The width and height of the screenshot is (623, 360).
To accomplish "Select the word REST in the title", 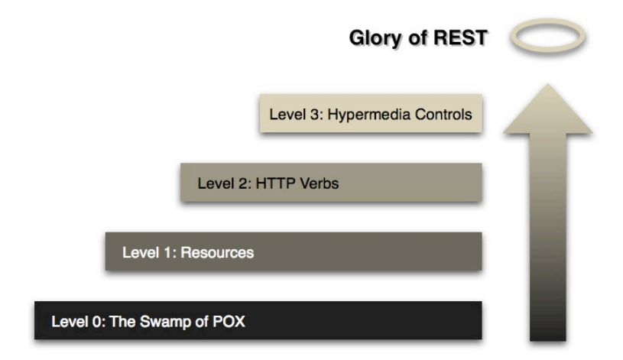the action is (x=460, y=37).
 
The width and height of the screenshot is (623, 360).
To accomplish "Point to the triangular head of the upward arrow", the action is (x=548, y=109).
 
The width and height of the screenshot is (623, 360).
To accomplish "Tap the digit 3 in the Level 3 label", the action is (x=315, y=115).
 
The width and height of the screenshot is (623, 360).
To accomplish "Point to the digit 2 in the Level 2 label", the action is (x=244, y=183).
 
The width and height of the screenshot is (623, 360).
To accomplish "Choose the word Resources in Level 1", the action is (x=217, y=252).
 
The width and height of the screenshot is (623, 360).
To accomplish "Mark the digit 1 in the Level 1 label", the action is (x=167, y=252).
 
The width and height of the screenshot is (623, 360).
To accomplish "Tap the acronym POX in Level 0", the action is (x=229, y=322).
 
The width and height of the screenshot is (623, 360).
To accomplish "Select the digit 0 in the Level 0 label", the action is (x=97, y=322).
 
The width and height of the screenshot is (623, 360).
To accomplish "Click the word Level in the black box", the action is (x=69, y=322).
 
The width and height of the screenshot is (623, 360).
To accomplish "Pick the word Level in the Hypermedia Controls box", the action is (x=287, y=115).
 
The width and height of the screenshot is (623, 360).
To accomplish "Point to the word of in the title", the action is (x=417, y=37).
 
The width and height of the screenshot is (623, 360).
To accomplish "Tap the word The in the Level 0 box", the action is (x=122, y=322).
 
